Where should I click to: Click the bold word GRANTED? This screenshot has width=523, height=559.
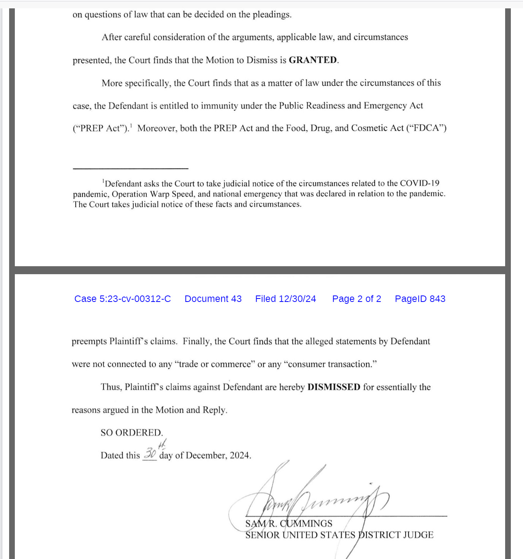313,60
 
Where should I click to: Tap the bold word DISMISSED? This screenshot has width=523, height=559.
334,387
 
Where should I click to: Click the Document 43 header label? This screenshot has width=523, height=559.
213,299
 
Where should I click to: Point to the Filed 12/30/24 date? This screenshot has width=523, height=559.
285,299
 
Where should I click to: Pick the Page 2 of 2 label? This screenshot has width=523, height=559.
357,299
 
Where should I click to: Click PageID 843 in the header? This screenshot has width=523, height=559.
420,299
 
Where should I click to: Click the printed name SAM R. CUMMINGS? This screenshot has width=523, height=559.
289,524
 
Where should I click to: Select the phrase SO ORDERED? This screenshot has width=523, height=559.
132,433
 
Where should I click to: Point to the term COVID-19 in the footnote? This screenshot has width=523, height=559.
420,183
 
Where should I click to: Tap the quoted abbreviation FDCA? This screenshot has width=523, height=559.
426,128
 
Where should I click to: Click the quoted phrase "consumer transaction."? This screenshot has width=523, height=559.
330,364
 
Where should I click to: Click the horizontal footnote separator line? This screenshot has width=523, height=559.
130,168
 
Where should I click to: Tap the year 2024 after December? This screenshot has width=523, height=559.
240,455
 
